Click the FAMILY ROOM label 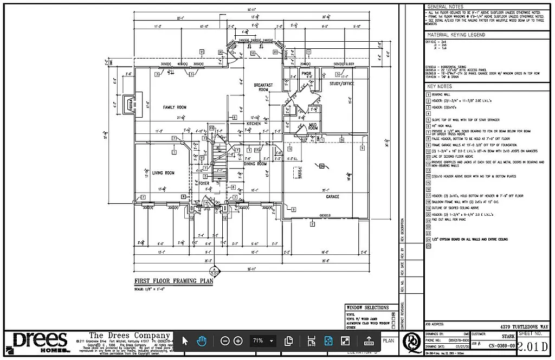pos(175,107)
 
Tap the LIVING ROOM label pos(163,173)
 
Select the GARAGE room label pos(332,197)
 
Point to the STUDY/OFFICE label pos(341,83)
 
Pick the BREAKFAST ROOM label pos(263,87)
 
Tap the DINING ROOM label pos(255,164)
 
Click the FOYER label pos(203,183)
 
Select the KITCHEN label pos(254,124)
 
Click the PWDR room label pos(306,73)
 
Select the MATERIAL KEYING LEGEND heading pos(456,35)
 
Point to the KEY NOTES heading pos(439,87)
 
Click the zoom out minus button pos(225,341)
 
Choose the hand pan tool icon pos(201,341)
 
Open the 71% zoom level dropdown pos(263,341)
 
